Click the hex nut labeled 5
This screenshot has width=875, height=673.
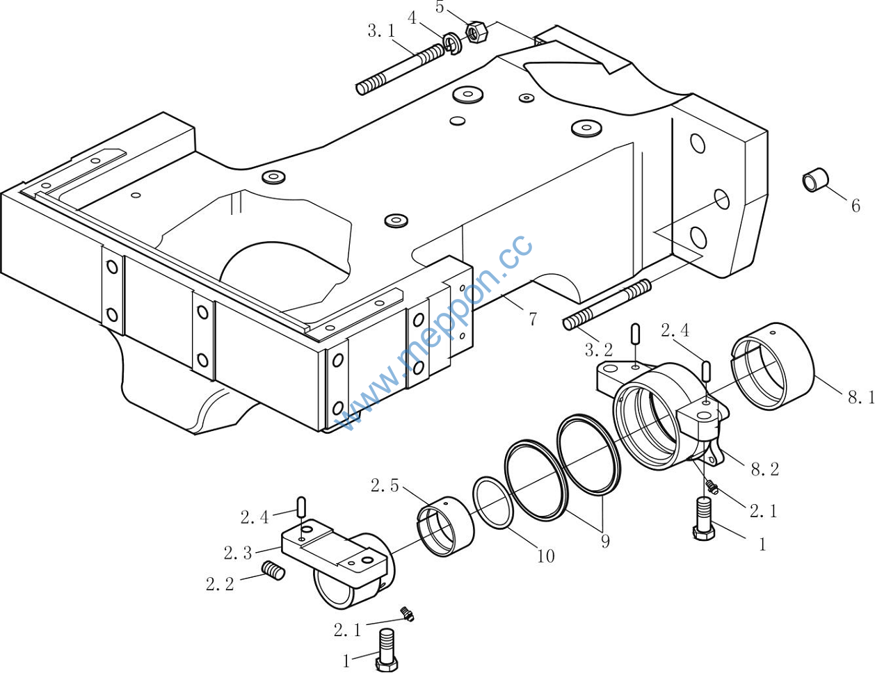click(477, 32)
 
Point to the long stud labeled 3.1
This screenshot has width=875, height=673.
click(401, 69)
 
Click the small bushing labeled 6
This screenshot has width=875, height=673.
click(816, 179)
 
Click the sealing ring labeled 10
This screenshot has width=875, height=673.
click(494, 503)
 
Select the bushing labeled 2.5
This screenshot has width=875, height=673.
click(445, 526)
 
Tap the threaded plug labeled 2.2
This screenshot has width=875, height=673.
click(274, 571)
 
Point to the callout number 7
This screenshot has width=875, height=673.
click(533, 320)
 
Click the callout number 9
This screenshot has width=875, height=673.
click(605, 542)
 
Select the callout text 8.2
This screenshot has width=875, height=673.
click(764, 470)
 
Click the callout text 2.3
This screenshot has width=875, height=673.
click(238, 553)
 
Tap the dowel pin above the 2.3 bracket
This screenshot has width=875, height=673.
click(301, 507)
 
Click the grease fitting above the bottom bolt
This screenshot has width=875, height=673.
click(407, 613)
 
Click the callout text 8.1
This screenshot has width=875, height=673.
click(860, 398)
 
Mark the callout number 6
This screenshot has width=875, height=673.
click(856, 206)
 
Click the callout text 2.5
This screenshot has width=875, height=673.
click(385, 486)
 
